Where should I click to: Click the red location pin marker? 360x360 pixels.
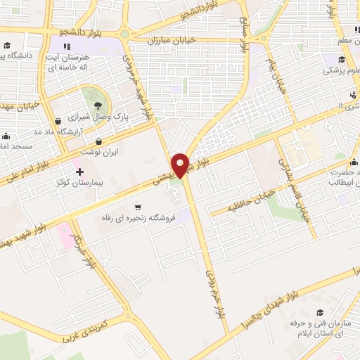(x=181, y=165)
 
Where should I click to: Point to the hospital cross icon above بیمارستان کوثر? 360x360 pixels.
(x=79, y=171)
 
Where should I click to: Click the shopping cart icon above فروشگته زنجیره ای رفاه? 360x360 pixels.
(x=138, y=207)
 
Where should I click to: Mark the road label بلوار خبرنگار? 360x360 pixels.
(x=84, y=250)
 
